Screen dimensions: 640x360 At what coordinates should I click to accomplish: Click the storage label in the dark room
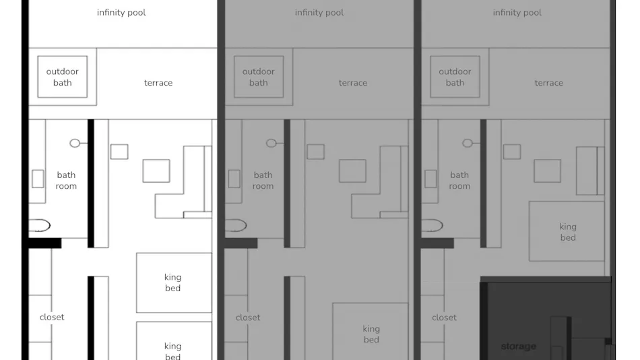click(x=518, y=347)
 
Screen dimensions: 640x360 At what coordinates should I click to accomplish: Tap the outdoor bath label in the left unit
click(x=62, y=77)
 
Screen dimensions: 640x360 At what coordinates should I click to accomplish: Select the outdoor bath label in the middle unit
click(x=259, y=77)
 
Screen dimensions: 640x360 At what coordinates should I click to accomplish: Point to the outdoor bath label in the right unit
click(x=455, y=77)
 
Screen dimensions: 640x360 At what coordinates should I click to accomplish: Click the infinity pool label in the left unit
click(x=121, y=13)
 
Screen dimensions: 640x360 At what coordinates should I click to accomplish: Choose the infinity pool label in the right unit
click(x=517, y=13)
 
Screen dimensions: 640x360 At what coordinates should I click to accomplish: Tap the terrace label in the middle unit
click(x=352, y=83)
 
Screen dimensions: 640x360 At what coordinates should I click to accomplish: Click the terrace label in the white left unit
click(x=158, y=83)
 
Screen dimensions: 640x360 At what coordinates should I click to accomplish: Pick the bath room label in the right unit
click(x=459, y=180)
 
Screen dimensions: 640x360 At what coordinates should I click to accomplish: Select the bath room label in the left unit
click(x=66, y=180)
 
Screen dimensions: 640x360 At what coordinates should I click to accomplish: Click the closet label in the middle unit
click(x=248, y=318)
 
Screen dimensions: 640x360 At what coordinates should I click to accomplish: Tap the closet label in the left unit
click(x=52, y=317)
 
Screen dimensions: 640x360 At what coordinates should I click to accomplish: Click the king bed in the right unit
click(x=567, y=231)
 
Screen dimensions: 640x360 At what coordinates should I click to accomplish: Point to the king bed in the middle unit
click(x=371, y=332)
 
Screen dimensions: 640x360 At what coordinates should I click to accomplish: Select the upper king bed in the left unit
click(x=174, y=282)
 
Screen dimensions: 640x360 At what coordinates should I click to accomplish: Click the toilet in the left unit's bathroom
click(x=39, y=226)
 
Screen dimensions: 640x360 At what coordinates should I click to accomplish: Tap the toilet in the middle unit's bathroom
click(x=236, y=226)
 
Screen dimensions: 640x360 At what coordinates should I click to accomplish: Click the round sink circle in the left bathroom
click(x=75, y=143)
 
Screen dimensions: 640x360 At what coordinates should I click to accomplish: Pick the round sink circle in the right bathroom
click(x=468, y=143)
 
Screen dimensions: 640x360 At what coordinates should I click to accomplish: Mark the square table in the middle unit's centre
click(x=352, y=171)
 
